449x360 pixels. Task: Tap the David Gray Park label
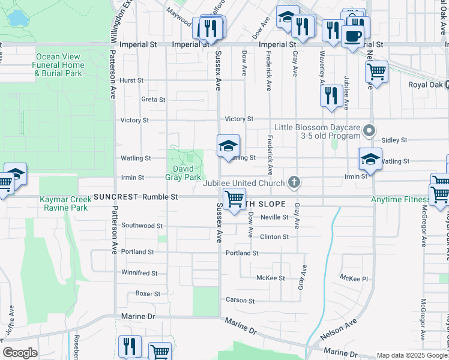point(183,173)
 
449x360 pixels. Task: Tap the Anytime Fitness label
point(397,199)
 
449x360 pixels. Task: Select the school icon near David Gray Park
point(228,146)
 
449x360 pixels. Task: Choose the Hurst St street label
point(131,80)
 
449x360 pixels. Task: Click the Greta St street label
point(153,99)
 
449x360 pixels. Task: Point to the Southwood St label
point(142,226)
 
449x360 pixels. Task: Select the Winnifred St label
point(139,273)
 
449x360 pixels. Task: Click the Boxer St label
point(148,294)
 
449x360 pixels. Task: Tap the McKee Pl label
point(354,278)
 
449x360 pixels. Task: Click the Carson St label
point(241,300)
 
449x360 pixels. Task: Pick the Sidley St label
point(394,140)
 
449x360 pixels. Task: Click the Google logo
point(20,353)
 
